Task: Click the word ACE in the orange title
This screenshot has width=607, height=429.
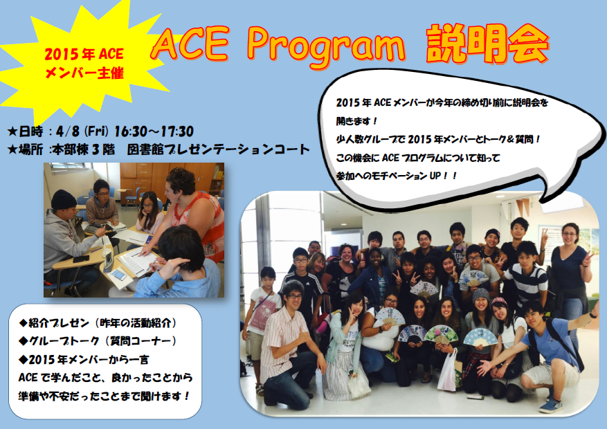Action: [x=190, y=44]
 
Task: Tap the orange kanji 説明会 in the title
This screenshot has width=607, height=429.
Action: [x=487, y=44]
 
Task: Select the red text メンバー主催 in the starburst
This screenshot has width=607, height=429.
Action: [x=84, y=73]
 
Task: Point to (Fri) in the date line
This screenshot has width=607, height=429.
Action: [x=96, y=131]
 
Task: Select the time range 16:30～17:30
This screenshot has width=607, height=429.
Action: [x=154, y=131]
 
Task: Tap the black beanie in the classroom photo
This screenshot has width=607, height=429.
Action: [x=64, y=199]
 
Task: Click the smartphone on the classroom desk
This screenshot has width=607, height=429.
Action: [x=119, y=275]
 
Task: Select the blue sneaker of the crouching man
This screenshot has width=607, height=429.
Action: [x=550, y=405]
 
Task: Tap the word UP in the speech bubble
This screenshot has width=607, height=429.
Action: [x=435, y=176]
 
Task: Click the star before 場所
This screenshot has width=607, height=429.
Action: [x=12, y=149]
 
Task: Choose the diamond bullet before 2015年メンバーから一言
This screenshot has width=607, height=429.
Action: [x=24, y=359]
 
